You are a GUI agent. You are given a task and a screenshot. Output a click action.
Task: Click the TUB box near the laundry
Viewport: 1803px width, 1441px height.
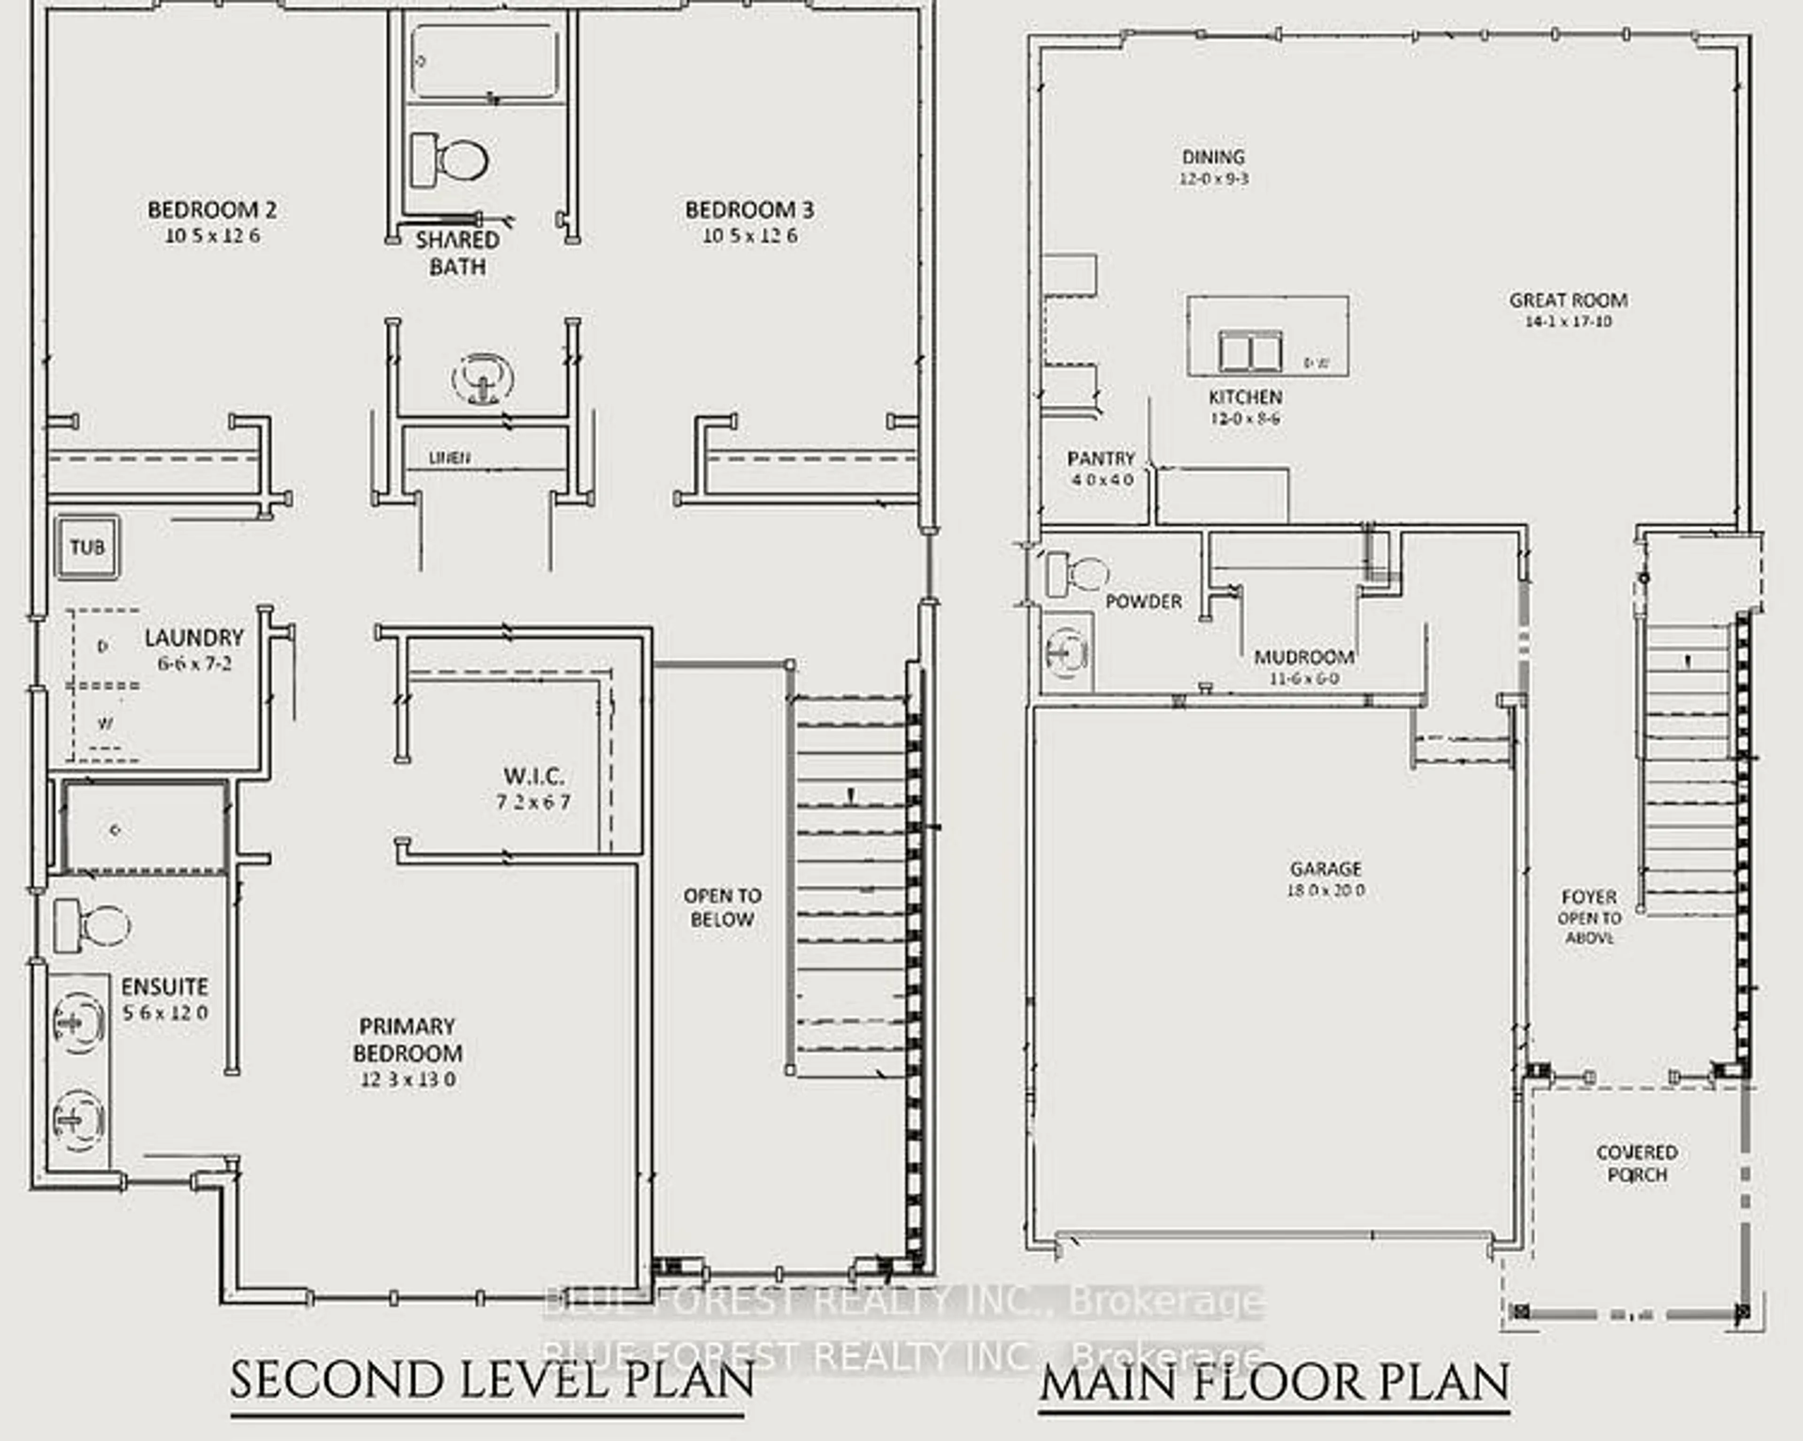click(87, 547)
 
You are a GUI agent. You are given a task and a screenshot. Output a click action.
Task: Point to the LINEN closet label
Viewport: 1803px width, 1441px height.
click(450, 457)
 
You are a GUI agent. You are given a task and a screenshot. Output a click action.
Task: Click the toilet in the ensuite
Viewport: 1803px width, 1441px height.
click(92, 926)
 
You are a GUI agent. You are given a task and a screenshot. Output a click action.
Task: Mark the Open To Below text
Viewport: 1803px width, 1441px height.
click(722, 907)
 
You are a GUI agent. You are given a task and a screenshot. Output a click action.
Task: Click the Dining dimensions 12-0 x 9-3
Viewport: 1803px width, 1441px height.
click(1213, 179)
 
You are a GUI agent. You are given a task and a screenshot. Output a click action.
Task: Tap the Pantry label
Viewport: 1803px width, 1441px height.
click(1101, 458)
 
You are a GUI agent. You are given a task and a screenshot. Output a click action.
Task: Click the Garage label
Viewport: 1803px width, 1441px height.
click(1325, 868)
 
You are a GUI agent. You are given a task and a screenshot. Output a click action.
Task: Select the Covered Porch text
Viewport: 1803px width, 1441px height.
click(1637, 1163)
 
